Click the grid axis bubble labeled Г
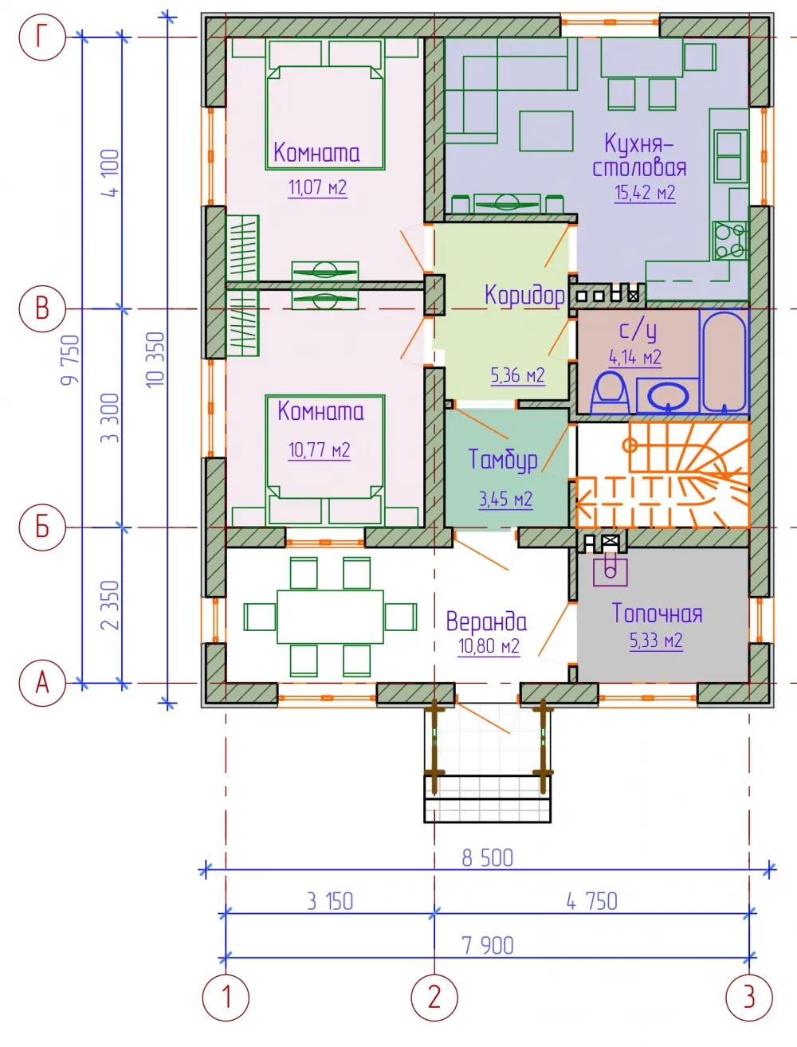point(42,37)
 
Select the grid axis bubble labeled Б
point(42,527)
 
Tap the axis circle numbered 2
point(434,998)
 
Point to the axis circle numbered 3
point(749,998)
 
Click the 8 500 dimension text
point(488,858)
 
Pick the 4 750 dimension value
point(592,901)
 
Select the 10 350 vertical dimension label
point(156,359)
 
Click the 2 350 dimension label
point(111,605)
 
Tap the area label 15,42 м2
point(645,193)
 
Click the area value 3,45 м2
point(505,500)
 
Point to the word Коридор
point(524,296)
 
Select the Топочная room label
point(657,613)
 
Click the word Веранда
point(486,622)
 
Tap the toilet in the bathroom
point(610,393)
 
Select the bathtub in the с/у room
point(724,361)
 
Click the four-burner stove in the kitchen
point(730,241)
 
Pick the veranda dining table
point(330,617)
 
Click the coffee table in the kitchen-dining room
point(546,131)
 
